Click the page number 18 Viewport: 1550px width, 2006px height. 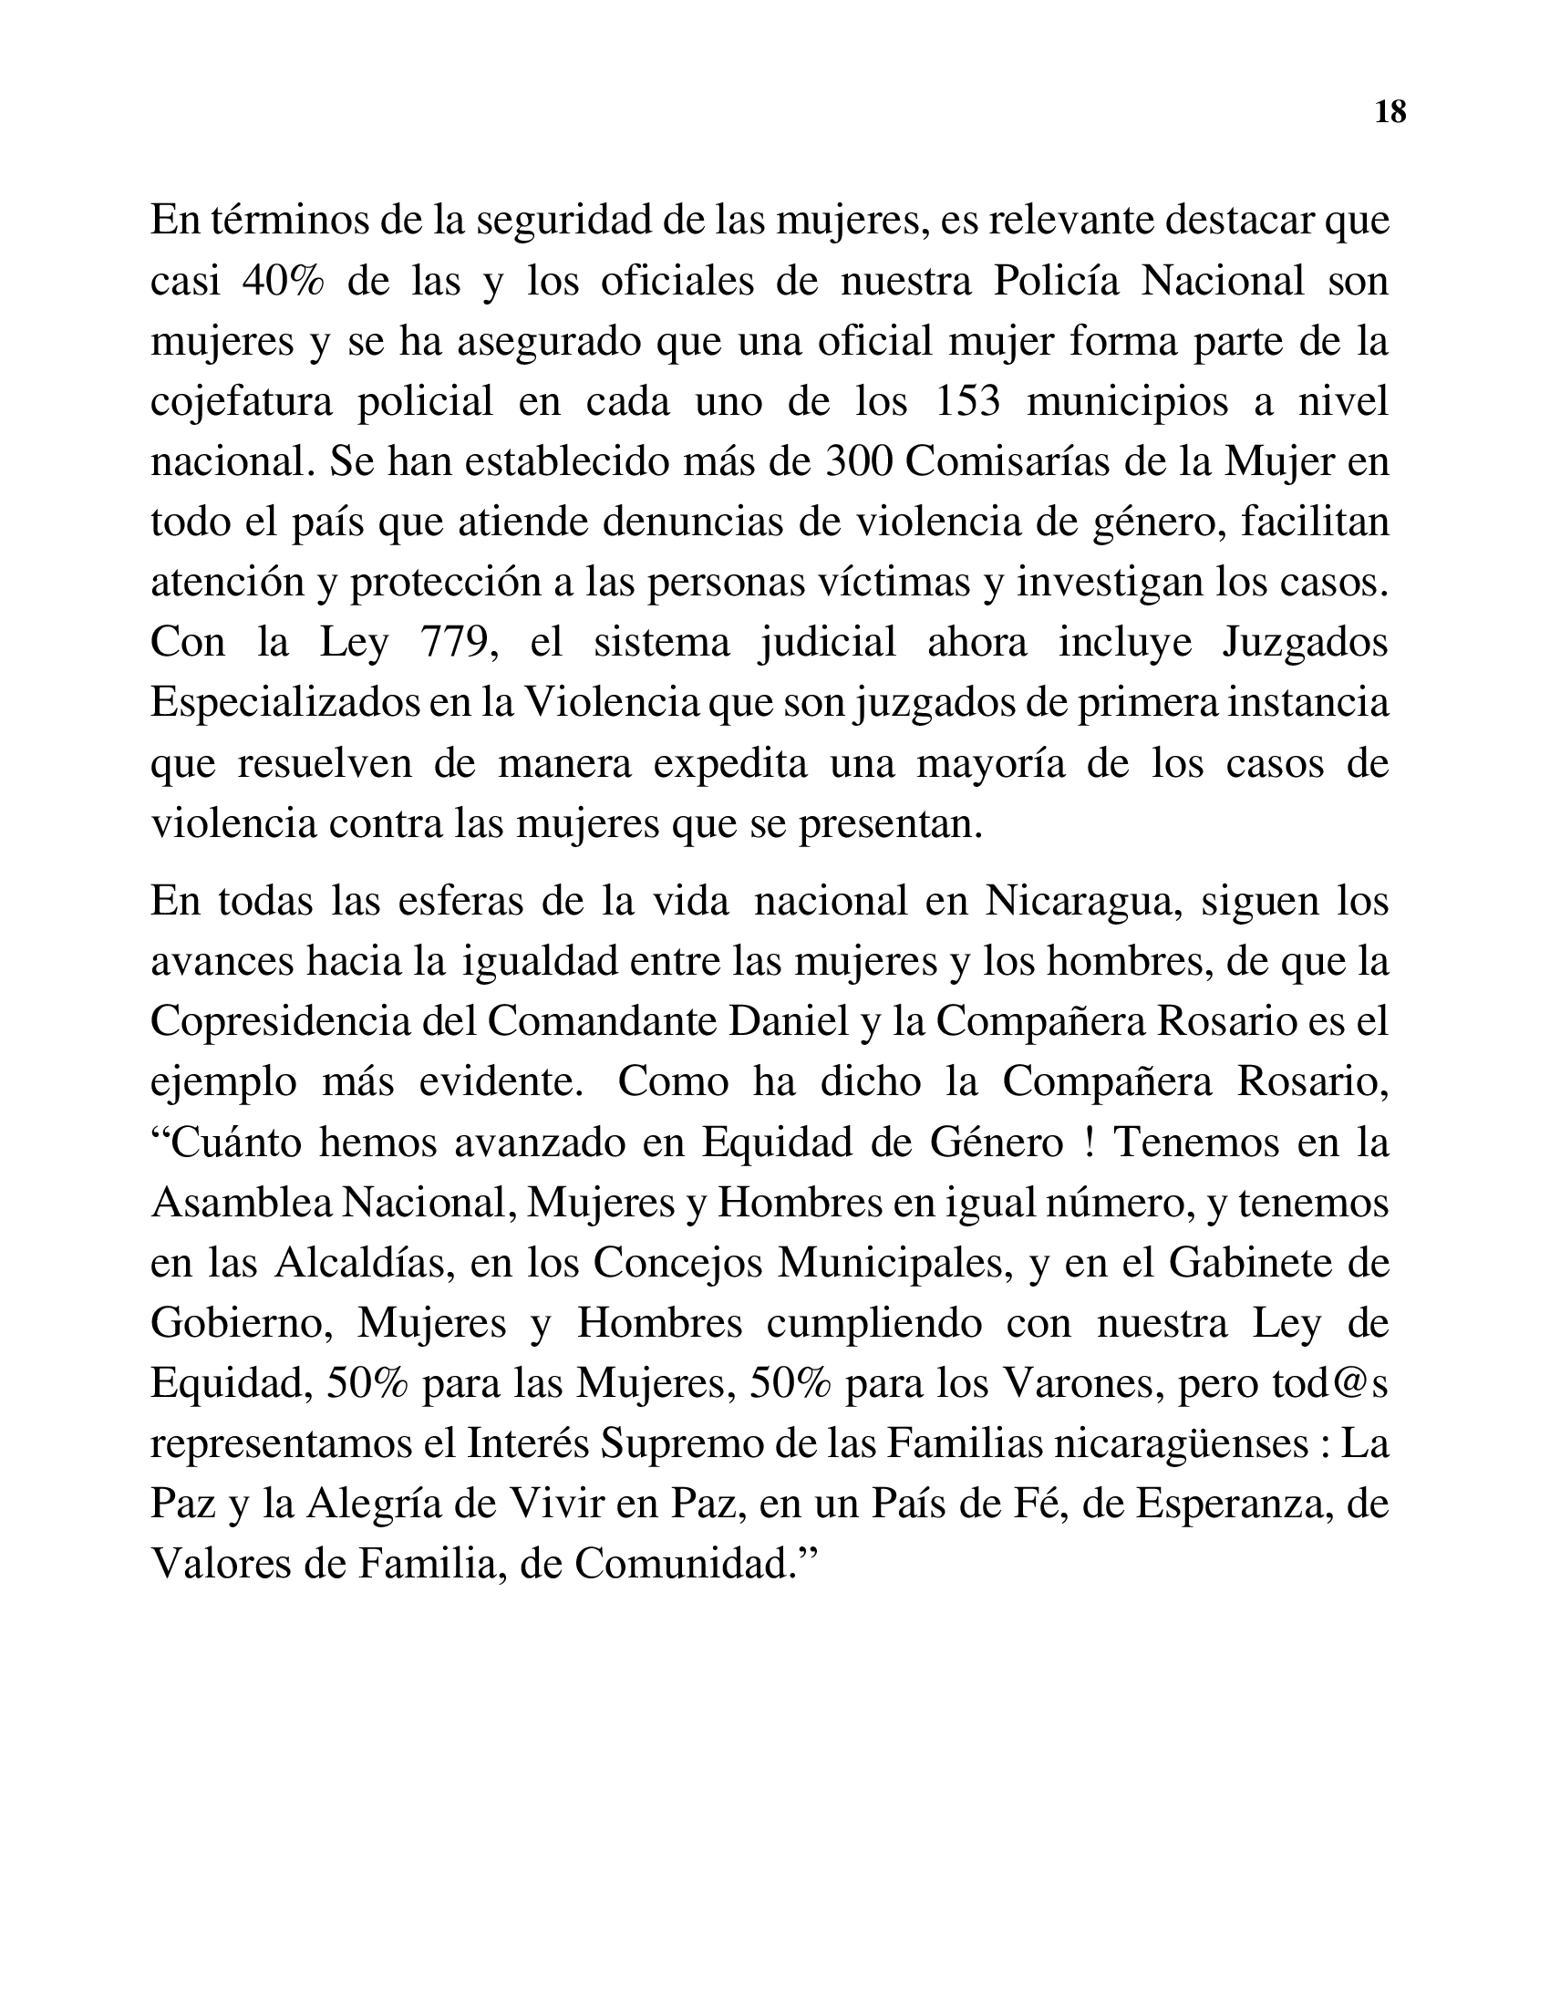(x=1390, y=112)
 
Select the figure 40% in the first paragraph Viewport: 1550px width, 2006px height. (x=284, y=281)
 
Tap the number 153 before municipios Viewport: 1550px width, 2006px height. (x=966, y=402)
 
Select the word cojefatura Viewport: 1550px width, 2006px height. (x=242, y=402)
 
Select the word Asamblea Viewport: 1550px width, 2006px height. (x=242, y=1204)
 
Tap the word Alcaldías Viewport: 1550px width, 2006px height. (x=365, y=1264)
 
